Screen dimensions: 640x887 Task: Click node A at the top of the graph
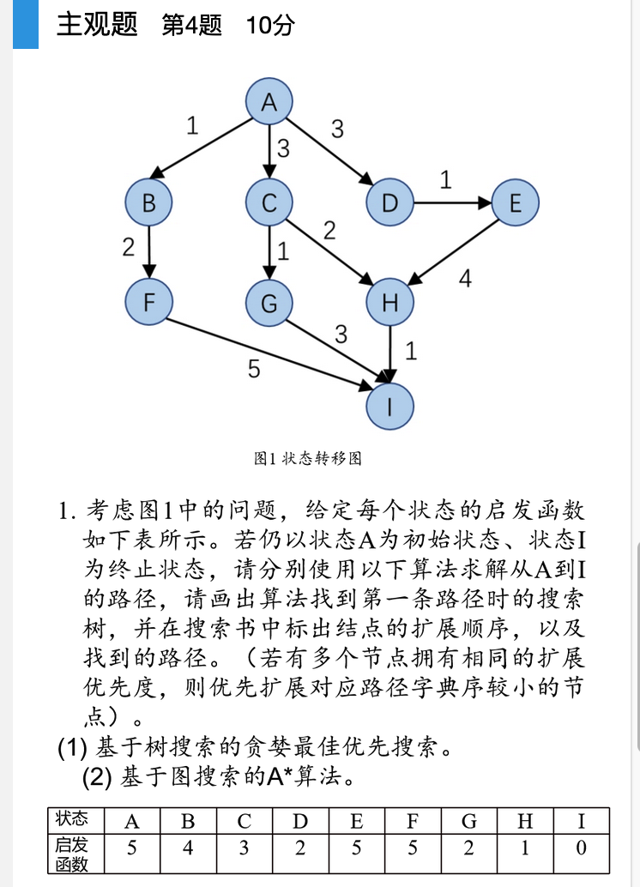pyautogui.click(x=269, y=102)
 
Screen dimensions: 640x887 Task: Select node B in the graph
pyautogui.click(x=149, y=203)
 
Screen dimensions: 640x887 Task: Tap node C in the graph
pyautogui.click(x=269, y=203)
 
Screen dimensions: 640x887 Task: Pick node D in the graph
pyautogui.click(x=389, y=203)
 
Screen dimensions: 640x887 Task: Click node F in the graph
pyautogui.click(x=149, y=302)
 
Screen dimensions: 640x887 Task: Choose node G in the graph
pyautogui.click(x=269, y=303)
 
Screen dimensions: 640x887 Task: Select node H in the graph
pyautogui.click(x=389, y=302)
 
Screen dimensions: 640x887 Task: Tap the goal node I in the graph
pyautogui.click(x=389, y=406)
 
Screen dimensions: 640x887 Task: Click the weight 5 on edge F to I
pyautogui.click(x=254, y=369)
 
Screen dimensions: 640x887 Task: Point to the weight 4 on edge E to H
pyautogui.click(x=465, y=280)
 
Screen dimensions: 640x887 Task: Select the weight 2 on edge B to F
pyautogui.click(x=129, y=248)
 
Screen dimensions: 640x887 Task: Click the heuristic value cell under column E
pyautogui.click(x=357, y=848)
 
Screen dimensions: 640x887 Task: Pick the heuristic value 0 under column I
pyautogui.click(x=582, y=848)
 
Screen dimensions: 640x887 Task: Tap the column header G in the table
pyautogui.click(x=469, y=821)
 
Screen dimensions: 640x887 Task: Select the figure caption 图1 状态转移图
pyautogui.click(x=308, y=459)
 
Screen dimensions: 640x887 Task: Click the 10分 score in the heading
pyautogui.click(x=269, y=26)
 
